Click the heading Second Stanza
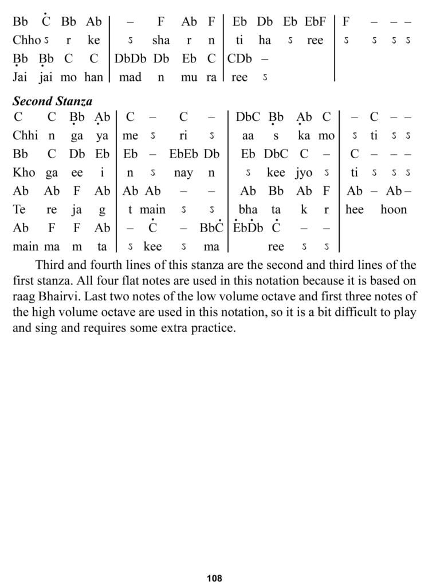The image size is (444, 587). pyautogui.click(x=52, y=101)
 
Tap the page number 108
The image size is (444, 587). pyautogui.click(x=214, y=578)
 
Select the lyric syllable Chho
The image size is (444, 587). pyautogui.click(x=26, y=40)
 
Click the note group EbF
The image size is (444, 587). pyautogui.click(x=315, y=22)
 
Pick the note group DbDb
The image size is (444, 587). pyautogui.click(x=131, y=58)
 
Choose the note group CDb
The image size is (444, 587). pyautogui.click(x=241, y=58)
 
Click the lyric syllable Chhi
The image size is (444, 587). pyautogui.click(x=25, y=136)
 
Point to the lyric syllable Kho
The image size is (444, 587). pyautogui.click(x=23, y=173)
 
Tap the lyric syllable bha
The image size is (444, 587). pyautogui.click(x=248, y=209)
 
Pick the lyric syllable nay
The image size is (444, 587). pyautogui.click(x=183, y=173)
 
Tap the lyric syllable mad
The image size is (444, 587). pyautogui.click(x=130, y=77)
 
